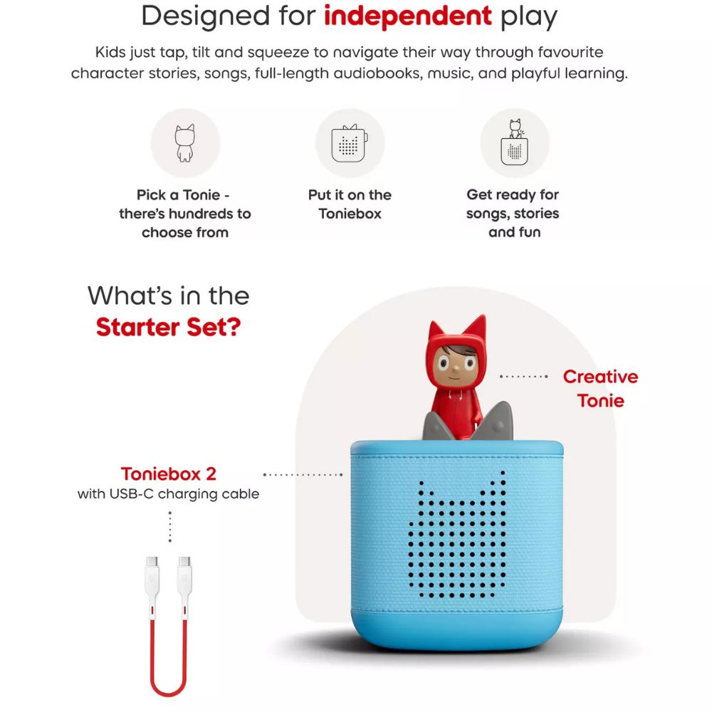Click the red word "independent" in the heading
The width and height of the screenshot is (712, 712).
pyautogui.click(x=407, y=16)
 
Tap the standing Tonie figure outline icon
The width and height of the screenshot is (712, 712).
pyautogui.click(x=185, y=142)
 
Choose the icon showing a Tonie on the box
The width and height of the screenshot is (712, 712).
pyautogui.click(x=514, y=142)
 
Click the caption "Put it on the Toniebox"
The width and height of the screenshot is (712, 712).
pyautogui.click(x=350, y=204)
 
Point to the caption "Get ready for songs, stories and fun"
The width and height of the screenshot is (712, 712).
pyautogui.click(x=513, y=214)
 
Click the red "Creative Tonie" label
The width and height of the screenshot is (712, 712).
pyautogui.click(x=600, y=389)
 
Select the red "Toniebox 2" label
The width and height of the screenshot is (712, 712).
pyautogui.click(x=168, y=473)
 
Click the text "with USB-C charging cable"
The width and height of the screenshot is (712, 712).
pyautogui.click(x=168, y=493)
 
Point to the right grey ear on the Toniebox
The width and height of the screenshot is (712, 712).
pyautogui.click(x=496, y=422)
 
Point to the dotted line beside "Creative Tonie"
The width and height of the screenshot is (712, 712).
pyautogui.click(x=524, y=376)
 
